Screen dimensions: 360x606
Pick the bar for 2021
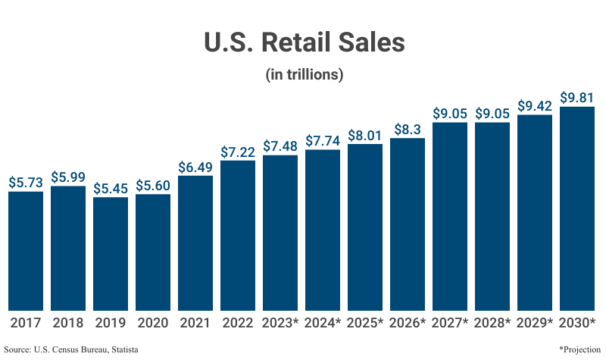pos(195,243)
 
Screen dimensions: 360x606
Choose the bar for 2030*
pos(577,208)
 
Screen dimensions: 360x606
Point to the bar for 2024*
pos(323,230)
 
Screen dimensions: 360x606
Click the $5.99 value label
pos(68,177)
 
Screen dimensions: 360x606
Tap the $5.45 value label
pos(111,188)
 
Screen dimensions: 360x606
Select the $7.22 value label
pos(238,152)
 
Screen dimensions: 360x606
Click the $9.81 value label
pos(577,98)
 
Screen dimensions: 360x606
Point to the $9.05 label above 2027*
pos(450,113)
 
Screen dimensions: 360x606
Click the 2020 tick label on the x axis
pos(153,322)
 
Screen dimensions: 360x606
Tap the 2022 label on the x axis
pos(238,322)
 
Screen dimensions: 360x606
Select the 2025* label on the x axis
pos(365,322)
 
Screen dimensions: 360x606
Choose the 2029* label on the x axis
pos(535,322)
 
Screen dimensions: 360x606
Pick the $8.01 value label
pos(365,135)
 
